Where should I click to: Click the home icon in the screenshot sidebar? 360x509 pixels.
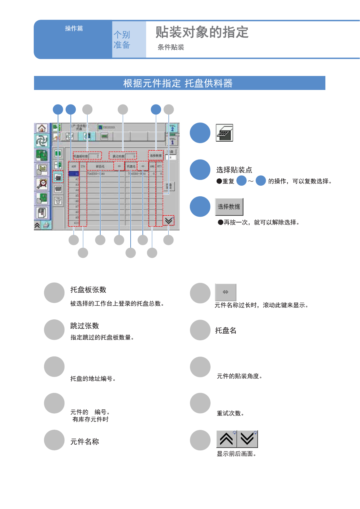click(42, 128)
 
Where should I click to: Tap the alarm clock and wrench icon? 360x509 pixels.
click(42, 184)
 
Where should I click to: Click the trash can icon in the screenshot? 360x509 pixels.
click(58, 201)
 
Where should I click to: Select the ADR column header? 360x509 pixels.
click(74, 166)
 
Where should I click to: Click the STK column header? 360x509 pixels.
click(83, 166)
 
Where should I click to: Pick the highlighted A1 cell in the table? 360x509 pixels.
click(74, 174)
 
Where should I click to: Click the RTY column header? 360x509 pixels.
click(159, 166)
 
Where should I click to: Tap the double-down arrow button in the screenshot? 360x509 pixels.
click(169, 220)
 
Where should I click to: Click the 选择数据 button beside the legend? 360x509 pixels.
click(229, 207)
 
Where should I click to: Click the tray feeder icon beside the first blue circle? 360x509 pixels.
click(225, 133)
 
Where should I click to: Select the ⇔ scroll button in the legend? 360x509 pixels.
click(225, 292)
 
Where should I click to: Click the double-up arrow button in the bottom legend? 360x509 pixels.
click(226, 439)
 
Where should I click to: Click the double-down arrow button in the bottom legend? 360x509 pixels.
click(247, 439)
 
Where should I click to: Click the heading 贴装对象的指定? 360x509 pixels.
click(202, 32)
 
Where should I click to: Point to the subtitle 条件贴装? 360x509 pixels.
click(171, 47)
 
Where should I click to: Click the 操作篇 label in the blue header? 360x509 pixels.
click(74, 28)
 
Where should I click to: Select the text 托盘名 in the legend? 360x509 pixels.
click(226, 330)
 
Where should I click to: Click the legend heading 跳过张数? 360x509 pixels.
click(85, 326)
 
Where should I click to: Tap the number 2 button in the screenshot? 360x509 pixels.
click(172, 129)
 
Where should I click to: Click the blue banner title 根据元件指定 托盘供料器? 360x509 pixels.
click(178, 83)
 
